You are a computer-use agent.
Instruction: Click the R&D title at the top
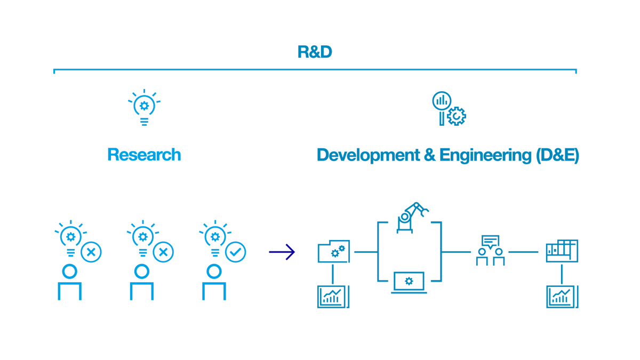pyautogui.click(x=315, y=52)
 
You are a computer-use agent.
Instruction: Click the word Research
pyautogui.click(x=144, y=155)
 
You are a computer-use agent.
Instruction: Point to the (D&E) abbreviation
pyautogui.click(x=557, y=155)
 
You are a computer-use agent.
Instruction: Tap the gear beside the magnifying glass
pyautogui.click(x=457, y=116)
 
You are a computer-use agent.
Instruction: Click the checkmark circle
pyautogui.click(x=235, y=252)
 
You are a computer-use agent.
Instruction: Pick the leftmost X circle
pyautogui.click(x=91, y=252)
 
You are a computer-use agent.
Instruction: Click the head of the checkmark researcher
pyautogui.click(x=214, y=271)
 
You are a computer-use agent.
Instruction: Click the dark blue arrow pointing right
pyautogui.click(x=282, y=252)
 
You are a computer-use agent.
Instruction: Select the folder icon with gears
pyautogui.click(x=334, y=251)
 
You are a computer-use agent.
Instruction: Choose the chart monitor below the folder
pyautogui.click(x=333, y=297)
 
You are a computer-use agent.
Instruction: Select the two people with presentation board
pyautogui.click(x=490, y=250)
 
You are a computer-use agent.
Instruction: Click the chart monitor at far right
pyautogui.click(x=562, y=297)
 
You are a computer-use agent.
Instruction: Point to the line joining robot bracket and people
pyautogui.click(x=457, y=252)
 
